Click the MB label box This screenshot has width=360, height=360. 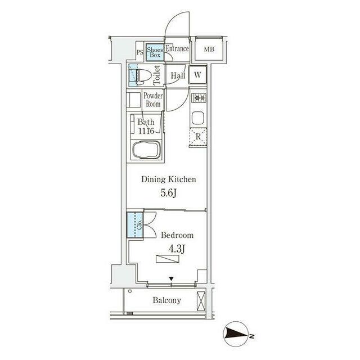coord(209,49)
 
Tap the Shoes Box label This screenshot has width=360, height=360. coord(155,52)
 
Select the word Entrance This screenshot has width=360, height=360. coord(177,49)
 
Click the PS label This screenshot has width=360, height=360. coord(139,54)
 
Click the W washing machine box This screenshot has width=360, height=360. coord(199,75)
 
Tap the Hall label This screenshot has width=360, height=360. coord(178,75)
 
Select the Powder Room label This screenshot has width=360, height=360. coord(153,100)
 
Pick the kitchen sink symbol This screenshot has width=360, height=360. coord(199,118)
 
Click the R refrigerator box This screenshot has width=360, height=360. coord(199,136)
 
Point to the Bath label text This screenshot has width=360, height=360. coord(146,121)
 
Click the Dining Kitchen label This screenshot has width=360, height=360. coord(168,180)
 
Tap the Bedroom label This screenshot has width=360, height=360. coord(177,236)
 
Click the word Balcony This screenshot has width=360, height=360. coord(167,300)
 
